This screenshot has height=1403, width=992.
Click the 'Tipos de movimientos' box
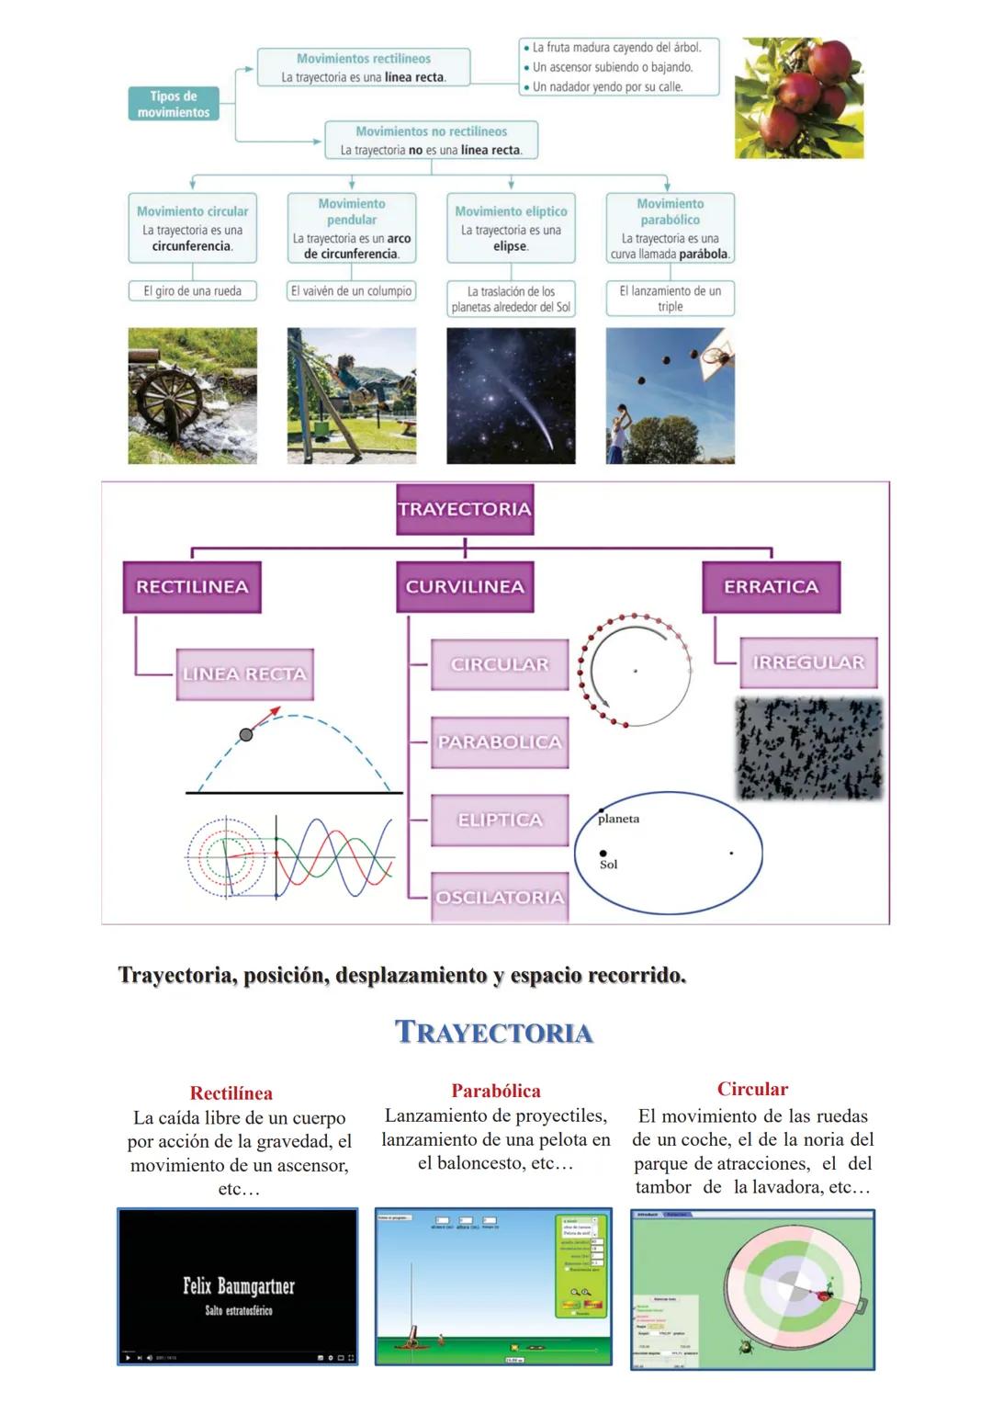coord(174,104)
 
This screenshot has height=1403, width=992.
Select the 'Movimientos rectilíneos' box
coord(363,68)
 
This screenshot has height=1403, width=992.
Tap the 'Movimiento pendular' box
coord(352,228)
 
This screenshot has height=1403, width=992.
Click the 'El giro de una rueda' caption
coord(192,291)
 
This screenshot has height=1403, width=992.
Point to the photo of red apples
coord(799,97)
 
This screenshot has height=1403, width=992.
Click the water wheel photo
coord(192,396)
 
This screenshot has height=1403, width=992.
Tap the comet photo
coord(511,396)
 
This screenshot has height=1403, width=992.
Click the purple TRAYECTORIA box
coord(465,509)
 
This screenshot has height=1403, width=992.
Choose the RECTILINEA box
coord(192,587)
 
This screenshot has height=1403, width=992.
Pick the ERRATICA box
coord(771,587)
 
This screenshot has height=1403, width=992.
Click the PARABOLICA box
coord(500,742)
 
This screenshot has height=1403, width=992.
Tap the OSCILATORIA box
coord(500,898)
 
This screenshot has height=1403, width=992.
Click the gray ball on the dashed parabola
coord(245,734)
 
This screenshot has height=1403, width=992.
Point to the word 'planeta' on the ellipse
coord(618,819)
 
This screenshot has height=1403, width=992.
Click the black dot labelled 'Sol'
coord(603,854)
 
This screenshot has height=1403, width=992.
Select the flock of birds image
coord(808,748)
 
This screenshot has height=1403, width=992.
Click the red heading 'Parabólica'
coord(496,1091)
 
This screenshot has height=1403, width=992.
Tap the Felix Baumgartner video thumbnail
coord(238,1286)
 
